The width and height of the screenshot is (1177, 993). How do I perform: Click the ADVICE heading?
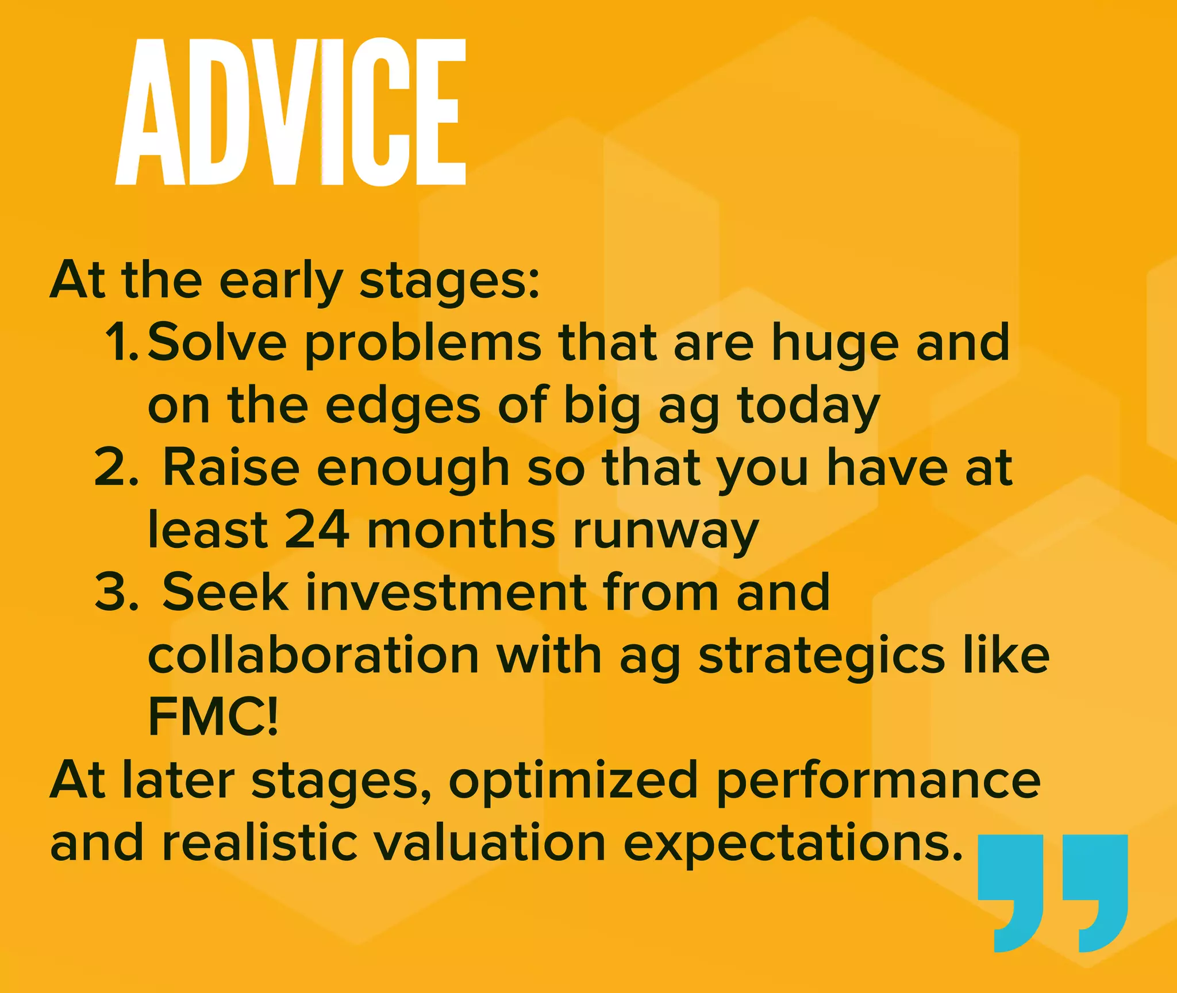point(290,112)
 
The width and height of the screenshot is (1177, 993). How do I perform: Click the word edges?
point(402,406)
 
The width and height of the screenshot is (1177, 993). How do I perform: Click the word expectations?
point(793,845)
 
